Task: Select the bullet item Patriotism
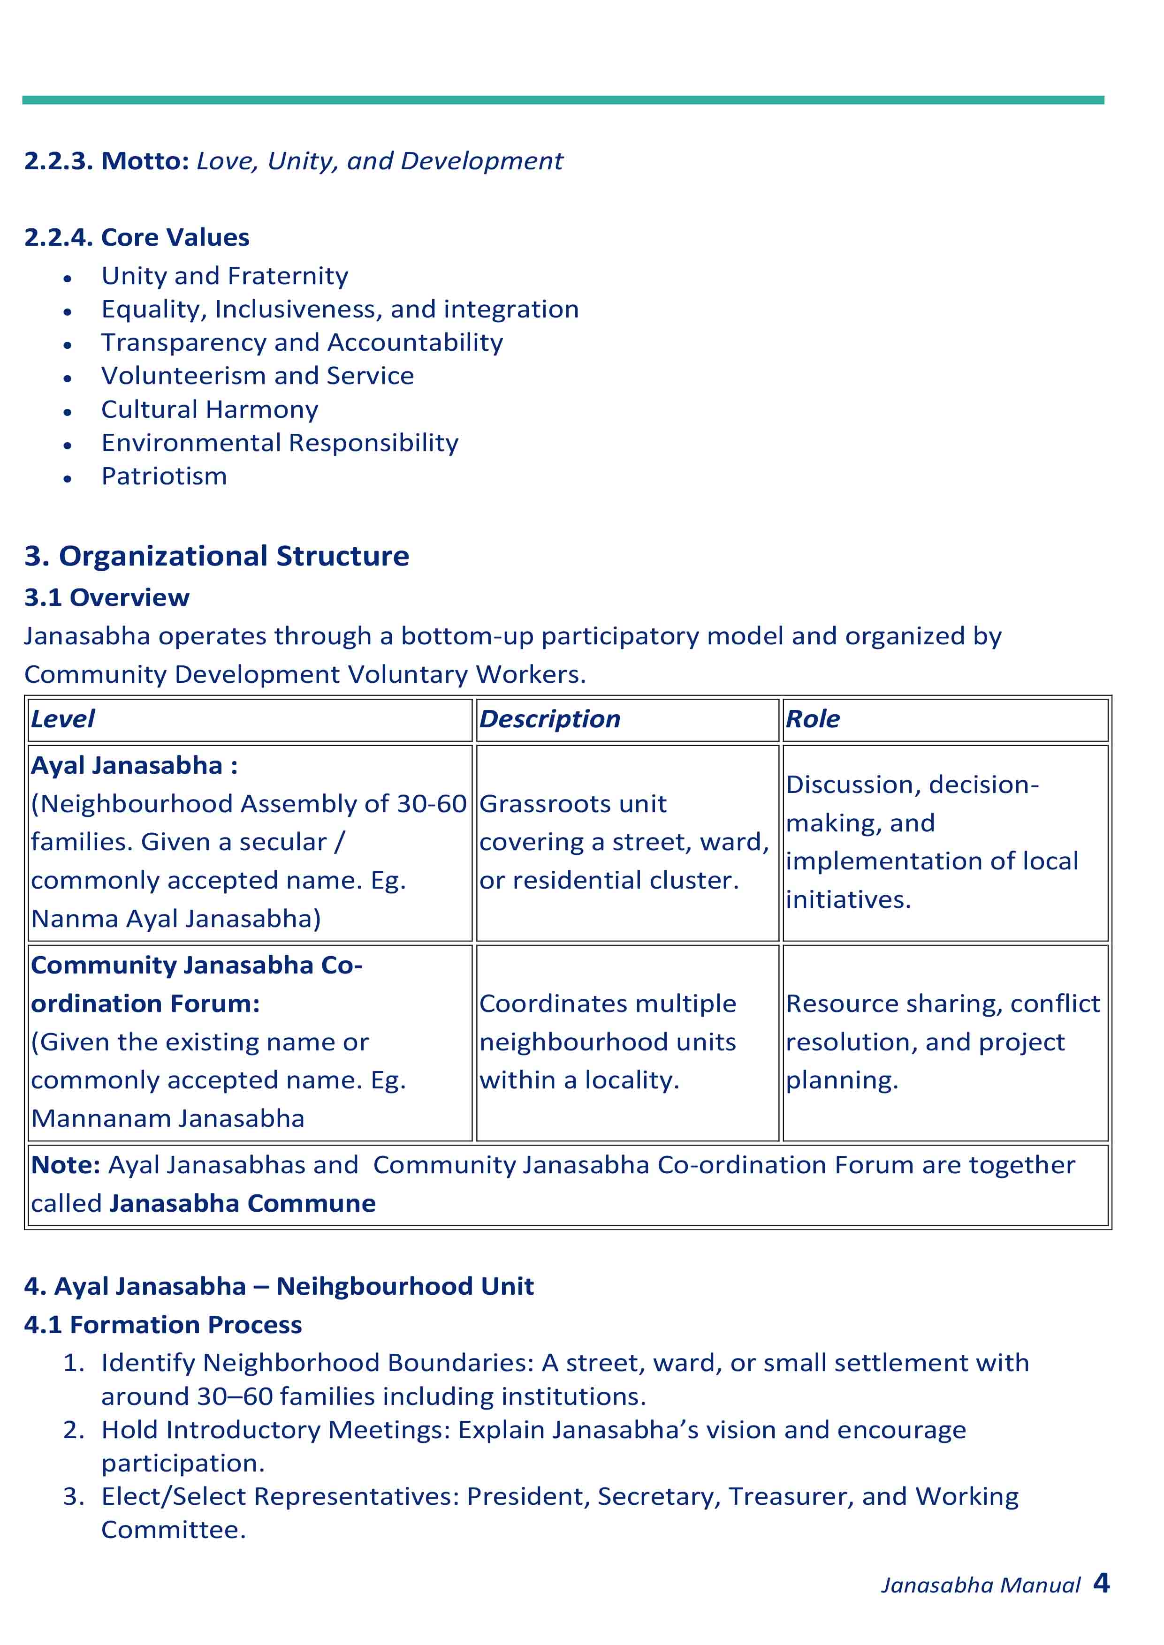click(x=164, y=476)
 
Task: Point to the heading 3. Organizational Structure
click(x=216, y=556)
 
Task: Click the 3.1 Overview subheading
click(x=107, y=597)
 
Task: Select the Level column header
click(x=63, y=719)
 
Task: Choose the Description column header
click(x=550, y=719)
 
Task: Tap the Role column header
click(x=813, y=719)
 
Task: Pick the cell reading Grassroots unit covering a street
click(x=624, y=842)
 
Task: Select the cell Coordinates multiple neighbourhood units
click(x=608, y=1042)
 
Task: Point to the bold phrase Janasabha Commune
click(x=243, y=1204)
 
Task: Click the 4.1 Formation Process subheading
click(x=163, y=1326)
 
